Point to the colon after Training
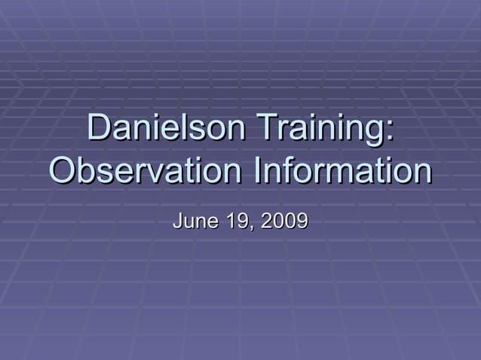[x=388, y=133]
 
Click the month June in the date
[x=191, y=221]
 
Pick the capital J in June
[x=178, y=221]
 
